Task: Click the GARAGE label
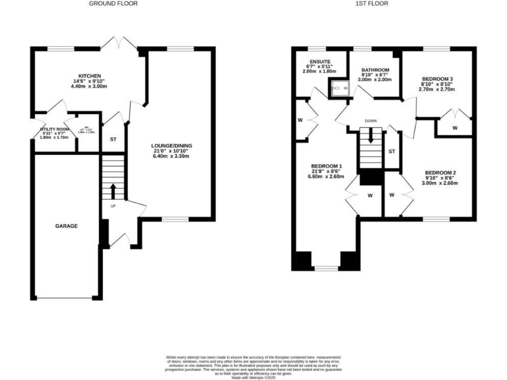[66, 226]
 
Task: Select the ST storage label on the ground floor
[113, 139]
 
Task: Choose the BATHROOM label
[375, 70]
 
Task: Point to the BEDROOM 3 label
[436, 79]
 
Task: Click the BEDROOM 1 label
[327, 166]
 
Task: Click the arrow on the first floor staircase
[372, 137]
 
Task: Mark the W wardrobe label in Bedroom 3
[456, 127]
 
